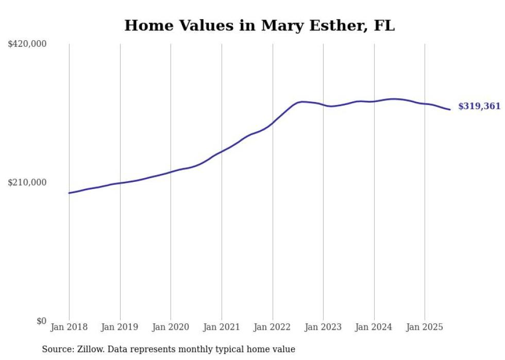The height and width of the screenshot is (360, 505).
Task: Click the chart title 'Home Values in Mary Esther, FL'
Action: click(x=259, y=25)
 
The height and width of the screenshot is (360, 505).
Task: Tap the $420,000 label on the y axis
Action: click(x=27, y=44)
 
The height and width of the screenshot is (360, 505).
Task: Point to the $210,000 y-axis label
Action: click(x=27, y=182)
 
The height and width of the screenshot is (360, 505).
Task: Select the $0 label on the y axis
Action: click(x=41, y=321)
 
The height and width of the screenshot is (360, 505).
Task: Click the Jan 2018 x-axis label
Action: click(x=69, y=327)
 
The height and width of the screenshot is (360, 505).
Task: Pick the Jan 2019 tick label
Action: click(x=120, y=327)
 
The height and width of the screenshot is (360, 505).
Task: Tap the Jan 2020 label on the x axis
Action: click(x=171, y=327)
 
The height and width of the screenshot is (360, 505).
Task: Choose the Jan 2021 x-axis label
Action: click(x=222, y=327)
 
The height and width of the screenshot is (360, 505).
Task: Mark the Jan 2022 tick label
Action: click(x=273, y=327)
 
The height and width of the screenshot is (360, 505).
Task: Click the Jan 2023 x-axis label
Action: click(x=323, y=327)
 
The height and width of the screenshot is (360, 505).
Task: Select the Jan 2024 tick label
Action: click(x=374, y=327)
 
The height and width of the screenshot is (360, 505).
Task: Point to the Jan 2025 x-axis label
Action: click(x=425, y=327)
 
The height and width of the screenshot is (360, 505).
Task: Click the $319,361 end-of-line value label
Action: click(x=479, y=107)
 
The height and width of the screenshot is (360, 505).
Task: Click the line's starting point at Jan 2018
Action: click(x=69, y=193)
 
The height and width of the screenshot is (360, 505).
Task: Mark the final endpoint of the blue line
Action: click(x=450, y=109)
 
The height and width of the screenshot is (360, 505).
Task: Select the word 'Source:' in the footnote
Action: click(x=57, y=349)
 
